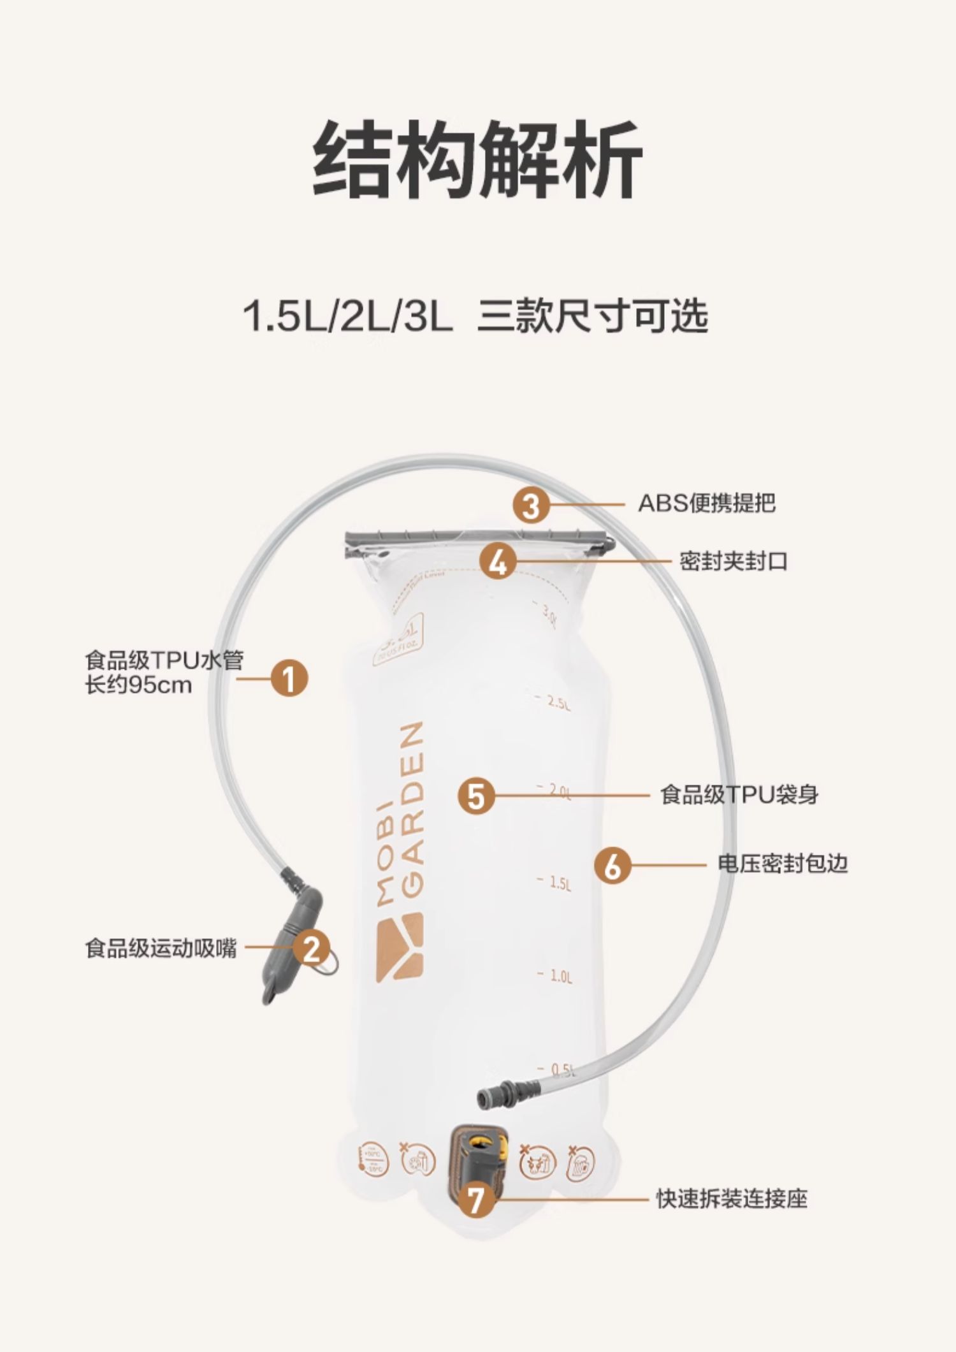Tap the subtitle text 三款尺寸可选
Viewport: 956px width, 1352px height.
[593, 316]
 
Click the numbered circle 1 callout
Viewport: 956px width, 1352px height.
[289, 678]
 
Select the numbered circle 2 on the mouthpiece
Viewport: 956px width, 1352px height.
[312, 949]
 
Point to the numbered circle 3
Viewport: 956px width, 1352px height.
[531, 505]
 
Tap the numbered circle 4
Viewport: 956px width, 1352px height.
[498, 562]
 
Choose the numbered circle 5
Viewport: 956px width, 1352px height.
[476, 796]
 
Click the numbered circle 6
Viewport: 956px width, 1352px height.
[612, 865]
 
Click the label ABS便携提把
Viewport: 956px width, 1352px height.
[707, 504]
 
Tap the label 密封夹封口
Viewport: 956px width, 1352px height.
[733, 562]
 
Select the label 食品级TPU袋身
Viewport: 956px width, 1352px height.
[739, 795]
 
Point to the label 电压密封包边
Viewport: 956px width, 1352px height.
[782, 864]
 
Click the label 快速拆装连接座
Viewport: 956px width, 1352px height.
[732, 1199]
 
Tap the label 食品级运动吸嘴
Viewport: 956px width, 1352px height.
[161, 948]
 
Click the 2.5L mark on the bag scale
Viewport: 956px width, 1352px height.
[558, 703]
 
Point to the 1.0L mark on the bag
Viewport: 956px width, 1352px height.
[560, 976]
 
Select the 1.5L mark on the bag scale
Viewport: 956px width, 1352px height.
[560, 883]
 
